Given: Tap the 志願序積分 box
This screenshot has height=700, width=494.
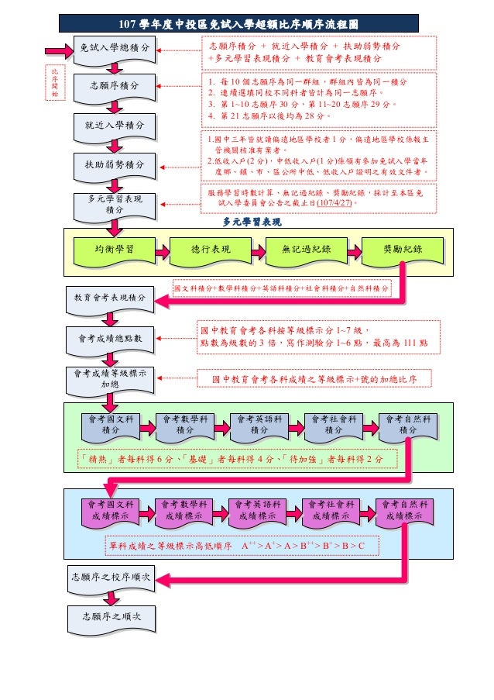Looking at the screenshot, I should (115, 86).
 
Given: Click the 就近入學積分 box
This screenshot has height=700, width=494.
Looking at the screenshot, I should (115, 124).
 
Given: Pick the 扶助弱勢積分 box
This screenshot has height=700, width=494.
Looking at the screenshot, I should (115, 164).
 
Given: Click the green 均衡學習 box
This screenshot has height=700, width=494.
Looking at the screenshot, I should (114, 250).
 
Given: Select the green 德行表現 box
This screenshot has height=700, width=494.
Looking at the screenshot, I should (210, 250).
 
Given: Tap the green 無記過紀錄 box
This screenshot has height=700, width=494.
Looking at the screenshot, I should (306, 250).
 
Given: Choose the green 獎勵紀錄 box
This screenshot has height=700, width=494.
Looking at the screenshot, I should (403, 250).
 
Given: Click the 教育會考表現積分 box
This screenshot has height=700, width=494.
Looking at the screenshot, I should (110, 298).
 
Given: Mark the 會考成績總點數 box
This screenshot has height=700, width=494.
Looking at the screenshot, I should (110, 338).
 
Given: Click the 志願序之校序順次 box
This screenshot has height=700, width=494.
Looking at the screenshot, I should (111, 578).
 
